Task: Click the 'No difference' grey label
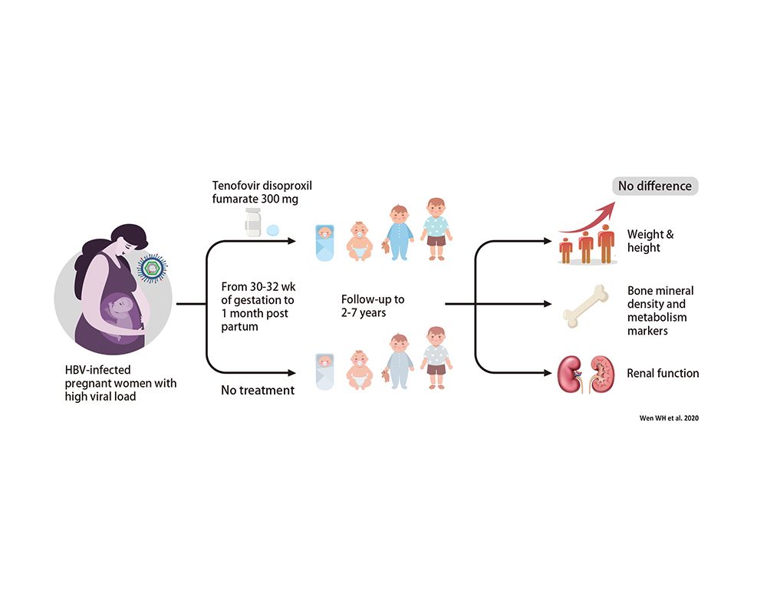[655, 186]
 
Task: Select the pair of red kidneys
[585, 374]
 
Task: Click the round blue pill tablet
[272, 229]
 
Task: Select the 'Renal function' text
[663, 374]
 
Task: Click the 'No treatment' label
[258, 390]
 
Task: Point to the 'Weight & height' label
[651, 241]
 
